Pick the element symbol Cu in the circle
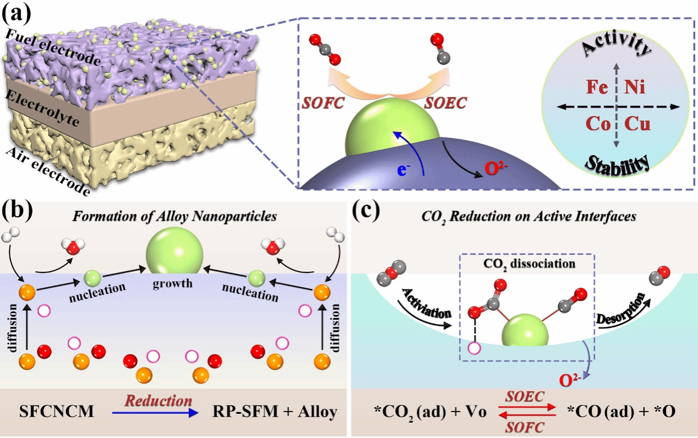[x=639, y=124]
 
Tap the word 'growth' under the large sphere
[x=173, y=284]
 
